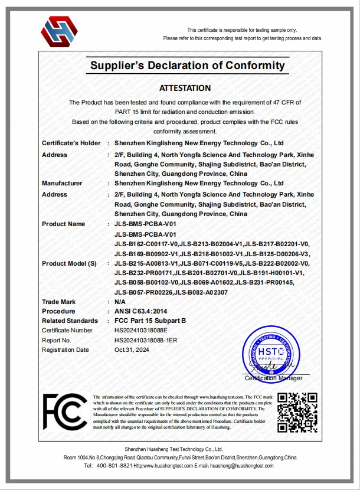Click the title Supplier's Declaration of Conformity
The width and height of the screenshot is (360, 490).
pyautogui.click(x=187, y=66)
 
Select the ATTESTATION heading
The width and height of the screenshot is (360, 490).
pyautogui.click(x=185, y=88)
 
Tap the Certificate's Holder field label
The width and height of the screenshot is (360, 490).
pyautogui.click(x=71, y=143)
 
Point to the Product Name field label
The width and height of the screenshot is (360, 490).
pyautogui.click(x=63, y=224)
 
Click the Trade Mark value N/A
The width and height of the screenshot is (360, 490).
pyautogui.click(x=120, y=302)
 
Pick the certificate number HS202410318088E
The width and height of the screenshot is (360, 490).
pyautogui.click(x=141, y=330)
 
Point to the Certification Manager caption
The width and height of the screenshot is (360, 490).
pyautogui.click(x=273, y=378)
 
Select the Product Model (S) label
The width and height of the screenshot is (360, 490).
pyautogui.click(x=68, y=263)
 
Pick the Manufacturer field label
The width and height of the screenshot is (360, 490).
pyautogui.click(x=62, y=183)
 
